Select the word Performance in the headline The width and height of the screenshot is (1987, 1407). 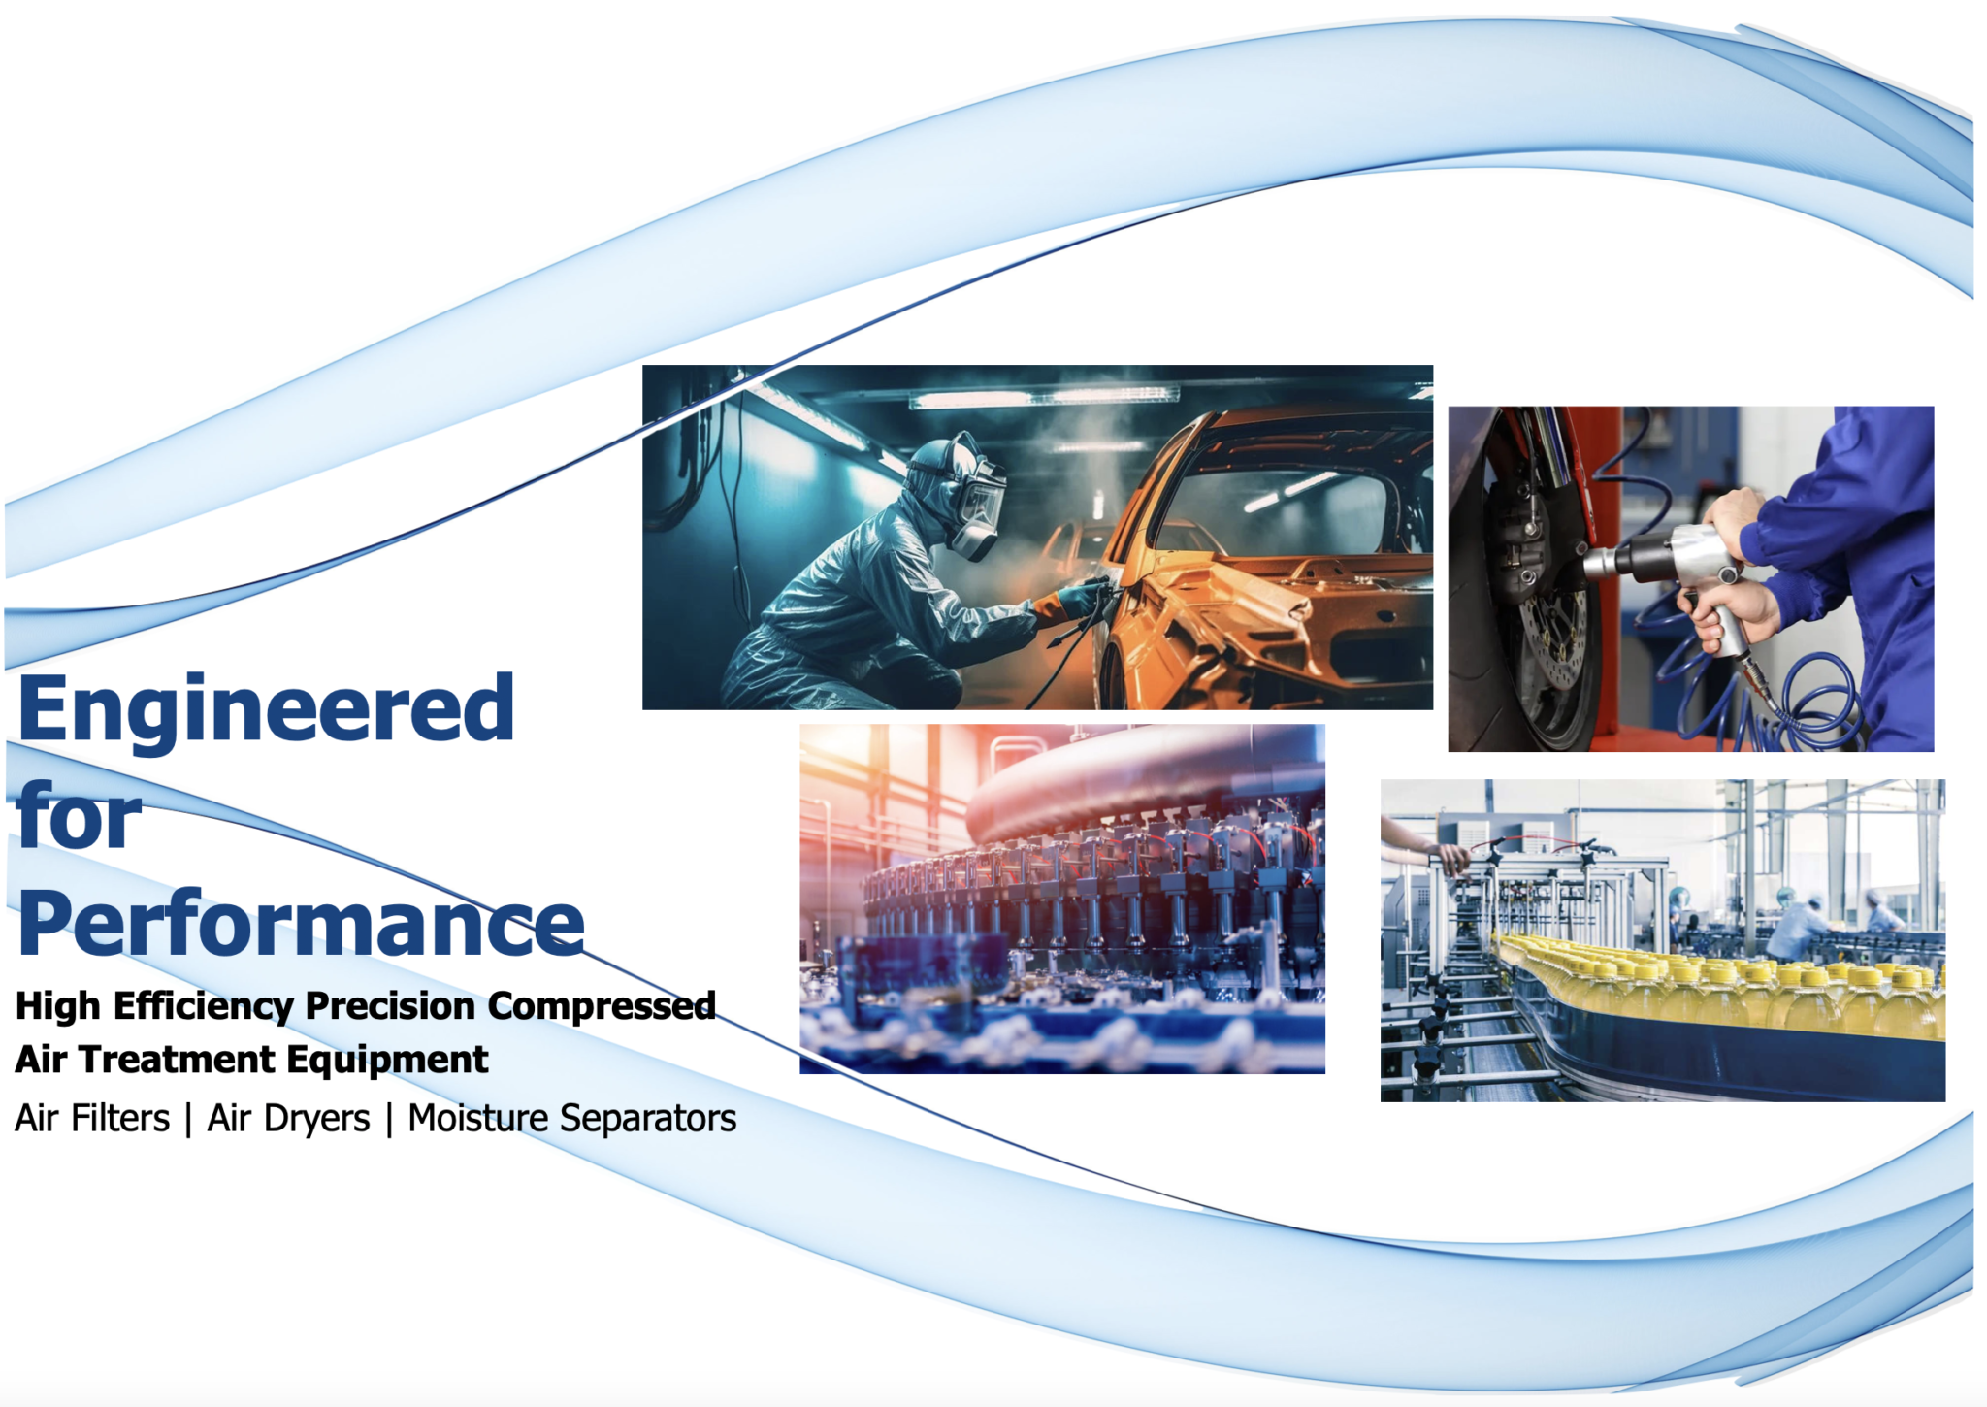pyautogui.click(x=302, y=924)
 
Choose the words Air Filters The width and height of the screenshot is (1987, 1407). pyautogui.click(x=92, y=1118)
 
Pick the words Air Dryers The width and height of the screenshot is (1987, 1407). pyautogui.click(x=288, y=1119)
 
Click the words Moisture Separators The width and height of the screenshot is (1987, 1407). pyautogui.click(x=571, y=1119)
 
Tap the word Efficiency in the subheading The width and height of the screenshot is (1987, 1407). pyautogui.click(x=203, y=1006)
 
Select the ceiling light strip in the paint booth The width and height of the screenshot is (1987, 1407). pyautogui.click(x=1044, y=398)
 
